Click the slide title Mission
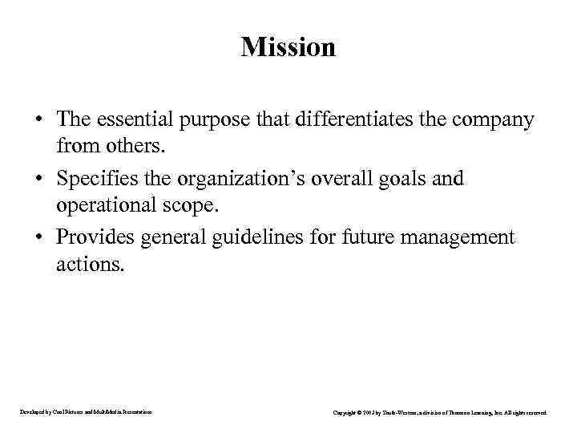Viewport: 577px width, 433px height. (288, 47)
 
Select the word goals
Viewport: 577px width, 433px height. (397, 178)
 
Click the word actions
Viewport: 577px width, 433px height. (91, 265)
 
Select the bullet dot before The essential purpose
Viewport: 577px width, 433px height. (38, 120)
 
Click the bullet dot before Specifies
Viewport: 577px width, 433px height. (38, 179)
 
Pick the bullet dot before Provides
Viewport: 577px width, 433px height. (38, 237)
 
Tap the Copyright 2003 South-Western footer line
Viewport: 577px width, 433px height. (440, 412)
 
